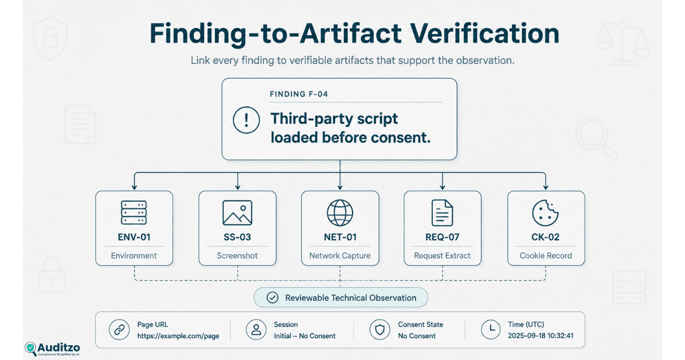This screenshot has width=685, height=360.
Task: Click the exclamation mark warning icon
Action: (x=246, y=120)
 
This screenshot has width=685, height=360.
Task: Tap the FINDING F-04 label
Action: (x=299, y=94)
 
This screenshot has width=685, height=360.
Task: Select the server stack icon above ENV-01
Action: (x=134, y=213)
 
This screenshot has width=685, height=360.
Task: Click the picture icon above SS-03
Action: (x=237, y=213)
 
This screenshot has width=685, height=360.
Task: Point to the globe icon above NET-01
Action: (x=340, y=213)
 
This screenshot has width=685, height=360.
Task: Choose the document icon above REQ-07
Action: (x=442, y=213)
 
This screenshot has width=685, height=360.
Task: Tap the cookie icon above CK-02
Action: (x=545, y=213)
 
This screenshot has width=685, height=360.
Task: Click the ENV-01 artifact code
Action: (x=134, y=237)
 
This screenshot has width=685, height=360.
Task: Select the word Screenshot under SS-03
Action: (x=237, y=255)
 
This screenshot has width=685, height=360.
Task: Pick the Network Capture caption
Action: (x=340, y=255)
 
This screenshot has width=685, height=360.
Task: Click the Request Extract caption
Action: (x=442, y=255)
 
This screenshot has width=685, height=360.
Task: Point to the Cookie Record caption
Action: (x=546, y=255)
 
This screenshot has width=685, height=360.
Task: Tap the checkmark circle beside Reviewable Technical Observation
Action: (x=272, y=297)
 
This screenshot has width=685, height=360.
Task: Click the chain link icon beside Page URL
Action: (x=119, y=329)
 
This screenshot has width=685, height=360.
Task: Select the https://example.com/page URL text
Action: (x=178, y=336)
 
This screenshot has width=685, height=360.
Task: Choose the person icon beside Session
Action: (x=256, y=329)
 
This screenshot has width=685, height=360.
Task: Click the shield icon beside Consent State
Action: (x=379, y=329)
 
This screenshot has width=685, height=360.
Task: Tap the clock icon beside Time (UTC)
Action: (x=491, y=329)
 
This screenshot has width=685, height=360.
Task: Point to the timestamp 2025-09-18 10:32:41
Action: (x=540, y=336)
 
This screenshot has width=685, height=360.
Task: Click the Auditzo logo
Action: (x=52, y=349)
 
